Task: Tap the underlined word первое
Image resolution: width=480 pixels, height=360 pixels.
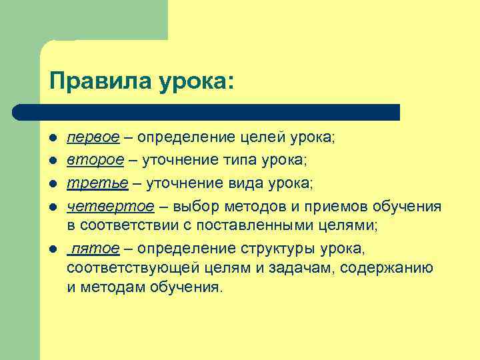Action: pos(93,137)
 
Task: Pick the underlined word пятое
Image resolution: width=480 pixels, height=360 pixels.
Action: pos(95,248)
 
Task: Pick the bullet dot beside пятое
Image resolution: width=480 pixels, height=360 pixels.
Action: pos(52,249)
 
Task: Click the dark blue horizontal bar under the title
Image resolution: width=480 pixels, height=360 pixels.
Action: pos(207,111)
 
